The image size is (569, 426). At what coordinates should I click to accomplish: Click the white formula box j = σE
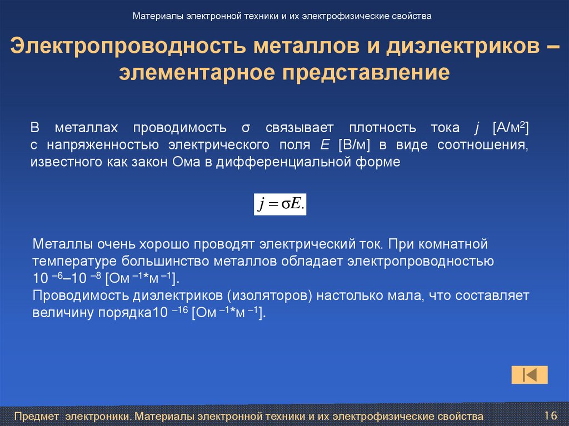coord(280,204)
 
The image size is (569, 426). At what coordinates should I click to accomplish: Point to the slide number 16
coord(551,415)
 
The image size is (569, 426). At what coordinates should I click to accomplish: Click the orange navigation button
coord(530,375)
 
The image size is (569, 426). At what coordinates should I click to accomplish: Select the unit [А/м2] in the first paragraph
coord(510,128)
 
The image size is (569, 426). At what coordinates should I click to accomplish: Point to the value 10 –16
coord(170,313)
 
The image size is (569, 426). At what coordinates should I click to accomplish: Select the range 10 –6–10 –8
coord(67,278)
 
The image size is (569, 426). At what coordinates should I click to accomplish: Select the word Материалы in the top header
coord(157,16)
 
